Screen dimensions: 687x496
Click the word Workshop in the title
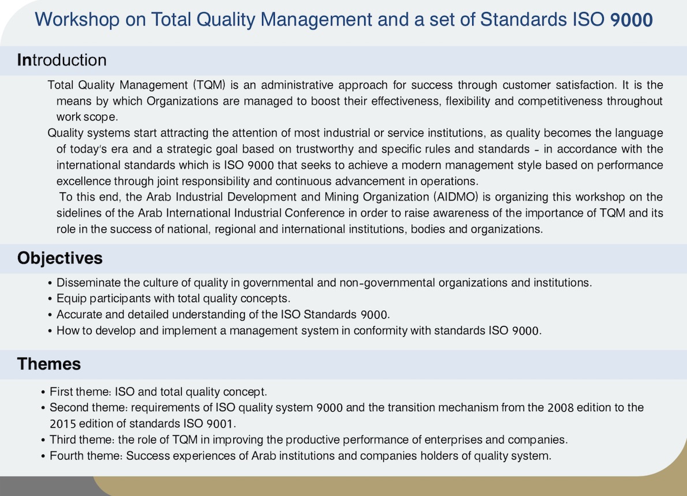77,20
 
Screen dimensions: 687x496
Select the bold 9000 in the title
632,20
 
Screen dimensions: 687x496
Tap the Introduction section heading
62,60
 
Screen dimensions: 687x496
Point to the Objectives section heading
59,258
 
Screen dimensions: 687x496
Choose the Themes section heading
48,364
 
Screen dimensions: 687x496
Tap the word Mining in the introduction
342,197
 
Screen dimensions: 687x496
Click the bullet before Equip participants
50,299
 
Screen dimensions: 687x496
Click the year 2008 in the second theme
561,408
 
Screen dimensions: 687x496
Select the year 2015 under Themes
63,424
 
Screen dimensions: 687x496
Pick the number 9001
221,424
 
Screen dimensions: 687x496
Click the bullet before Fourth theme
43,457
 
